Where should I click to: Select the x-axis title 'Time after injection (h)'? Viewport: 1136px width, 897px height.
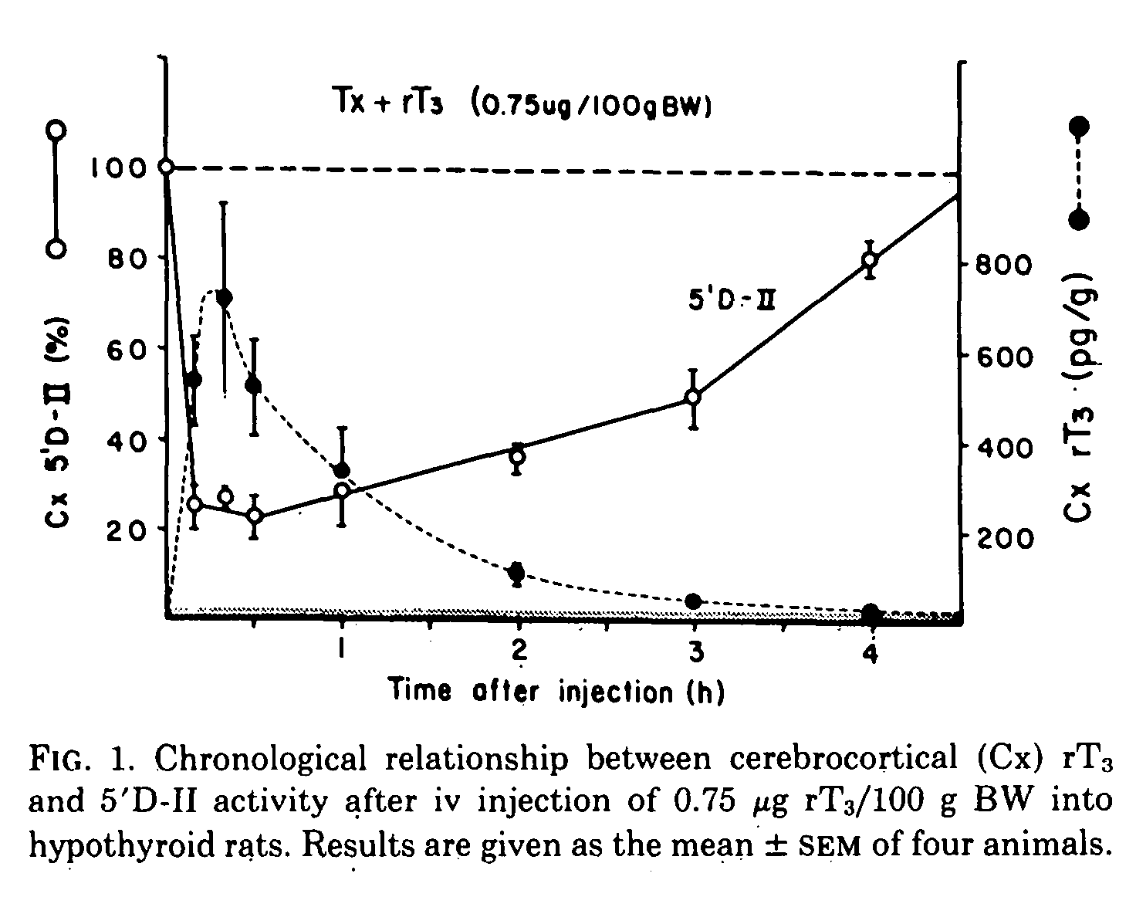click(556, 689)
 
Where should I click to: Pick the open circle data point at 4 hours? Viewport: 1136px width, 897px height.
click(870, 259)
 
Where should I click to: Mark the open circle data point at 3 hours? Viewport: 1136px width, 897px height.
click(693, 397)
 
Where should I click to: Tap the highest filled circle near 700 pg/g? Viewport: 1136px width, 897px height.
click(225, 298)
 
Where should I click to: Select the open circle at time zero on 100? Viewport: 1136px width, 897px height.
click(165, 167)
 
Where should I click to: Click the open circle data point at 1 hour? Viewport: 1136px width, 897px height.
click(343, 490)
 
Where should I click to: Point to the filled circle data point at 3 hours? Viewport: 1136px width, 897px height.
click(693, 601)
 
